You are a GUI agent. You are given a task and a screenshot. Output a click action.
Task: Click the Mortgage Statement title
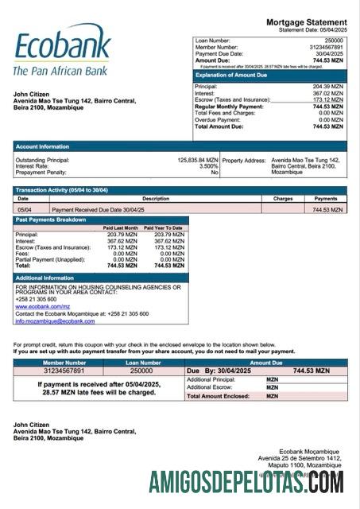[306, 21]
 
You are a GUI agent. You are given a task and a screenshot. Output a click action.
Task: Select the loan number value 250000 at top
[334, 40]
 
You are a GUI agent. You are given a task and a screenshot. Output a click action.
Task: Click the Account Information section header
[43, 146]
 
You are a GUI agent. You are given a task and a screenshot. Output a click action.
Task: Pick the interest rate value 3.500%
[208, 165]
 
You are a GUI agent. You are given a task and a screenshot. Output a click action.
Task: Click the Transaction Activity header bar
[62, 190]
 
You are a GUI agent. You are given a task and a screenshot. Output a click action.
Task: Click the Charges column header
[283, 199]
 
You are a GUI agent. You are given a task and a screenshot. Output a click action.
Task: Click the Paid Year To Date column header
[163, 228]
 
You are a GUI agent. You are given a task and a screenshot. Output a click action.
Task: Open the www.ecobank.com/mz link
[39, 306]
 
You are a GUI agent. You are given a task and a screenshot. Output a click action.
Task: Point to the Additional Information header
[45, 278]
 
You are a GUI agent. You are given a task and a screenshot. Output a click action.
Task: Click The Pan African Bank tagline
[60, 71]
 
